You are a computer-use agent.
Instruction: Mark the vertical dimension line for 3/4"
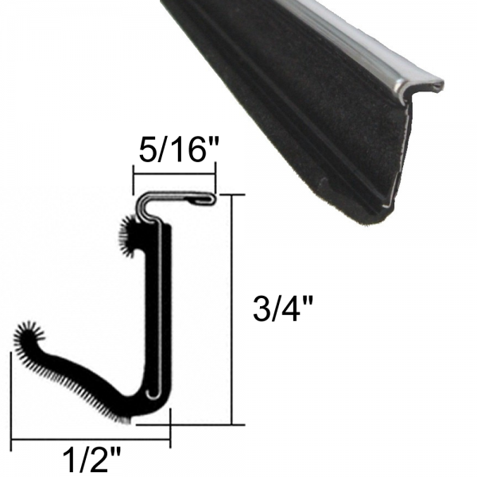tap(231, 310)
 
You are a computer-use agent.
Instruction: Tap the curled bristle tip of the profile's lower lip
tap(26, 333)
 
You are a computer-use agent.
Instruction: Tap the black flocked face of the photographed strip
tap(318, 119)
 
